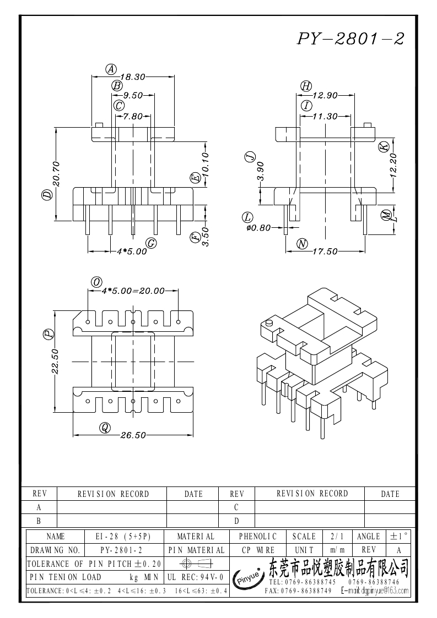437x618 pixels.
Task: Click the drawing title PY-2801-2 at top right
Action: coord(352,38)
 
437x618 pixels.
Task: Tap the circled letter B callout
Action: coord(117,85)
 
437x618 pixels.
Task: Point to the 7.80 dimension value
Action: coord(133,116)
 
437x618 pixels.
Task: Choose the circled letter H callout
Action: coord(306,85)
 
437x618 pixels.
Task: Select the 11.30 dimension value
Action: coord(325,116)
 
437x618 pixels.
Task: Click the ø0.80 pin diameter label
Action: coord(258,228)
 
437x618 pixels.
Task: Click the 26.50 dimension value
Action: coord(133,435)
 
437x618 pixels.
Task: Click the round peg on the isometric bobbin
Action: coord(269,323)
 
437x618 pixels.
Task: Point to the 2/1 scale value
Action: coord(335,536)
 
